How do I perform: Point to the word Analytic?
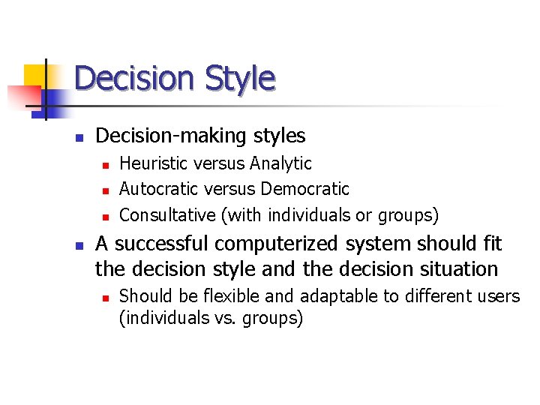pos(281,163)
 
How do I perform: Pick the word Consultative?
pos(167,215)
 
